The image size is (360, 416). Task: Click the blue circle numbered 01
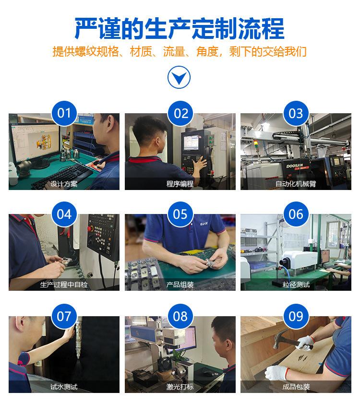coord(64,113)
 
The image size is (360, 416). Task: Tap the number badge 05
coord(180,214)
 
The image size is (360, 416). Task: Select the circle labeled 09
coord(296,316)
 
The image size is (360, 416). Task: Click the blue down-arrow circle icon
coord(179,77)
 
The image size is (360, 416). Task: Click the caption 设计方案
coord(64,184)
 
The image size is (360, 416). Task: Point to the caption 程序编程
coord(180,184)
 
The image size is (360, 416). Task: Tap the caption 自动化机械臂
coord(296,184)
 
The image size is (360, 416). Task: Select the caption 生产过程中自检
coord(64,285)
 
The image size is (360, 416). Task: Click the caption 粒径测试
coord(296,285)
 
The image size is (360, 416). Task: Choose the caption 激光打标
coord(180,387)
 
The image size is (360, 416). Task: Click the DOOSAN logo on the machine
coord(294,166)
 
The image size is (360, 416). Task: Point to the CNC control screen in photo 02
coord(191,143)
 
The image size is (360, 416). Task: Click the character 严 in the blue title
coord(85,29)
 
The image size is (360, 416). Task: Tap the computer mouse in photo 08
coord(209,374)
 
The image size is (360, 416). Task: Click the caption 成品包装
coord(296,387)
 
